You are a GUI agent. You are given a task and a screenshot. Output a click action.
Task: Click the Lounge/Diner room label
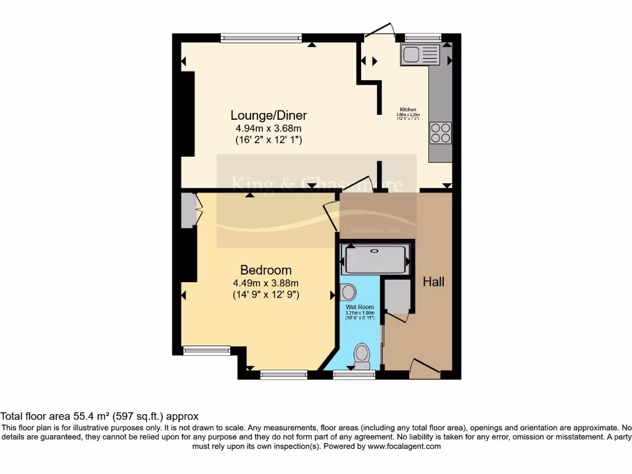pos(268,115)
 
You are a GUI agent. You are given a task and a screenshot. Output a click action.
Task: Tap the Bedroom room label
pos(266,270)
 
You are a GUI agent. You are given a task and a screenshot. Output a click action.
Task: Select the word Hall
pos(433,281)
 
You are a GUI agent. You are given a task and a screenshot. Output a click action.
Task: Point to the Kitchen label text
pos(407,110)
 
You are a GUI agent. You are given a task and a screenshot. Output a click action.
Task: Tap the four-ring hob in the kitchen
pos(441,133)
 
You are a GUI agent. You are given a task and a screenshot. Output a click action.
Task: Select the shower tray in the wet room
pos(376,259)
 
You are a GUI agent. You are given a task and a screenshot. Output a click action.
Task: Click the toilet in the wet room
pos(362,355)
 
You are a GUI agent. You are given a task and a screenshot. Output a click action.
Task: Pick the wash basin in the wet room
pos(347,291)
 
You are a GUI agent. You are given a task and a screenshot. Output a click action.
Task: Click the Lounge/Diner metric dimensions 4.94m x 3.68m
pos(268,128)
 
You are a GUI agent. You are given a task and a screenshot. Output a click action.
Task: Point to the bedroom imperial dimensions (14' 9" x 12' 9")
pos(266,295)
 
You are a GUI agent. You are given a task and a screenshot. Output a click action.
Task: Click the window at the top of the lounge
pos(262,38)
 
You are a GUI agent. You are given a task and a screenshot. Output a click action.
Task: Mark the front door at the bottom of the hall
pos(425,369)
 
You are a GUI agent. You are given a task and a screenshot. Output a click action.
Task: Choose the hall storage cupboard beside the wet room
pos(397,296)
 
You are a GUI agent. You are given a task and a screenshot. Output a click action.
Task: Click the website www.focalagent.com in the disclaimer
pos(404,446)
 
